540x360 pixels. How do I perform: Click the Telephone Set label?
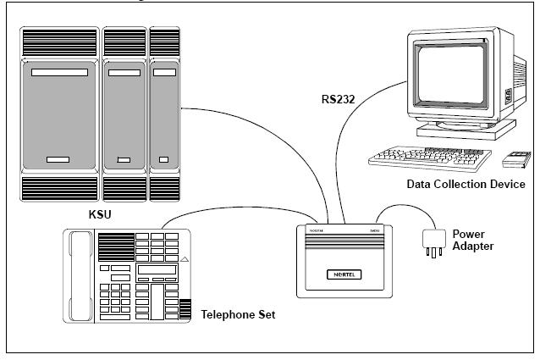pyautogui.click(x=239, y=314)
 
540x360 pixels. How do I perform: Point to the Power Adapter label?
pyautogui.click(x=475, y=239)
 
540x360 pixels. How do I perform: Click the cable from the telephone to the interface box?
pyautogui.click(x=245, y=209)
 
